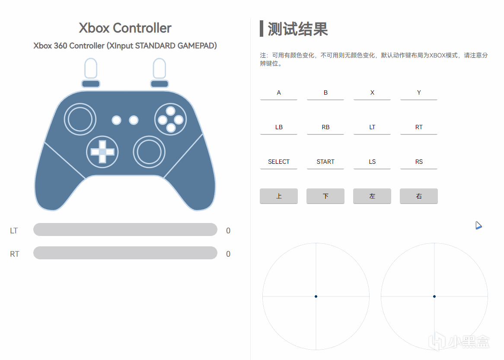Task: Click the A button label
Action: (x=279, y=93)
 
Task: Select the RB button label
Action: (x=325, y=127)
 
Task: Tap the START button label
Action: (x=325, y=162)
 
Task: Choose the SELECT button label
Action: (x=279, y=162)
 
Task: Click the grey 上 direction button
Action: (x=279, y=196)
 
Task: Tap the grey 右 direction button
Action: (x=419, y=196)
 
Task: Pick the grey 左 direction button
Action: (x=372, y=196)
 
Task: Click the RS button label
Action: (x=419, y=162)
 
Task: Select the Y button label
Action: (x=419, y=93)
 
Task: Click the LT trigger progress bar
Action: (x=125, y=229)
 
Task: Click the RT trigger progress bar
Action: (x=125, y=253)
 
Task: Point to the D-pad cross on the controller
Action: (x=102, y=152)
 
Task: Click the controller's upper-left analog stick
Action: (x=80, y=119)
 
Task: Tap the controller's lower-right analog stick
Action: (x=149, y=152)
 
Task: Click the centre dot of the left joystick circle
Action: (x=316, y=296)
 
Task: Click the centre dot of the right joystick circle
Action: (x=434, y=296)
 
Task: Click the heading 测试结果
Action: (x=297, y=29)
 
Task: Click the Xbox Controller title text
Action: (x=125, y=28)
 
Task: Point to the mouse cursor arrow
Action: (x=478, y=225)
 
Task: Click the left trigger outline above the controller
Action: (x=90, y=68)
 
